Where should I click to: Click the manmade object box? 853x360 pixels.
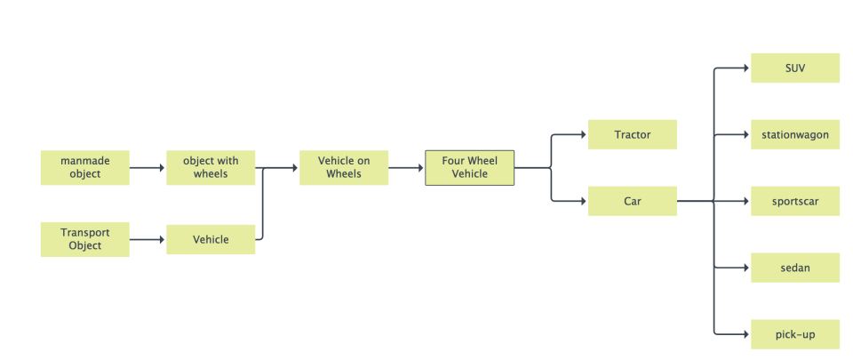coord(84,167)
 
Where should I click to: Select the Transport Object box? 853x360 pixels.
coord(84,239)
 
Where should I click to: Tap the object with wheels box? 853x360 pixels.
coord(211,167)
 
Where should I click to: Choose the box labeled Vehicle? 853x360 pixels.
coord(211,239)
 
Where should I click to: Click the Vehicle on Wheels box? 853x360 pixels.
coord(344,167)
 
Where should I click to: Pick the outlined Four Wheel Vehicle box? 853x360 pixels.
coord(469,167)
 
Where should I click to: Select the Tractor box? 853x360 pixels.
coord(633,134)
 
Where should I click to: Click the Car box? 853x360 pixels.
coord(633,201)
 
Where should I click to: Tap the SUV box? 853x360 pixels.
coord(795,68)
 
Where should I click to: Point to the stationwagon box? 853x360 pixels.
coord(795,134)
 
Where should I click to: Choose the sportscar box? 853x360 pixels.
coord(795,201)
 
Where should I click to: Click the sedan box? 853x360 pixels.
coord(795,268)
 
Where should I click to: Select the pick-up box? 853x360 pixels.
coord(795,334)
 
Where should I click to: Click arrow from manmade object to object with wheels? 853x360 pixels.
coord(147,167)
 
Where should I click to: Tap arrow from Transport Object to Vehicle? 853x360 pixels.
coord(147,239)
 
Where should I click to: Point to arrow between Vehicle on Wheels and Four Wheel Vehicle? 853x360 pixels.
coord(406,167)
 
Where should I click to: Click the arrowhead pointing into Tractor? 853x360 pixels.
coord(583,134)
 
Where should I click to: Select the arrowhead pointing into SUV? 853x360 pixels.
coord(745,68)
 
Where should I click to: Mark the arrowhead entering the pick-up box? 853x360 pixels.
coord(745,334)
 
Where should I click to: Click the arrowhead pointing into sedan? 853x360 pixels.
coord(745,268)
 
